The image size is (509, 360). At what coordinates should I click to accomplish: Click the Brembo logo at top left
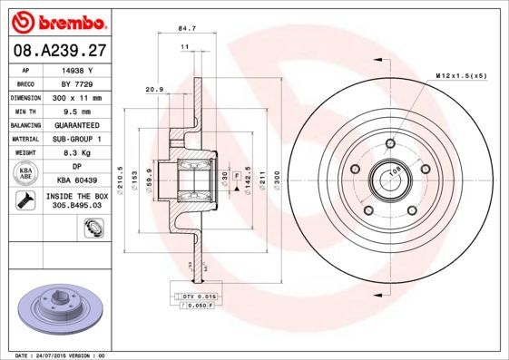point(58,20)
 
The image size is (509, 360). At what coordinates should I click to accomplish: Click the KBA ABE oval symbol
point(25,174)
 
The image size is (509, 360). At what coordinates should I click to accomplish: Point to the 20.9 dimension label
point(154,89)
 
